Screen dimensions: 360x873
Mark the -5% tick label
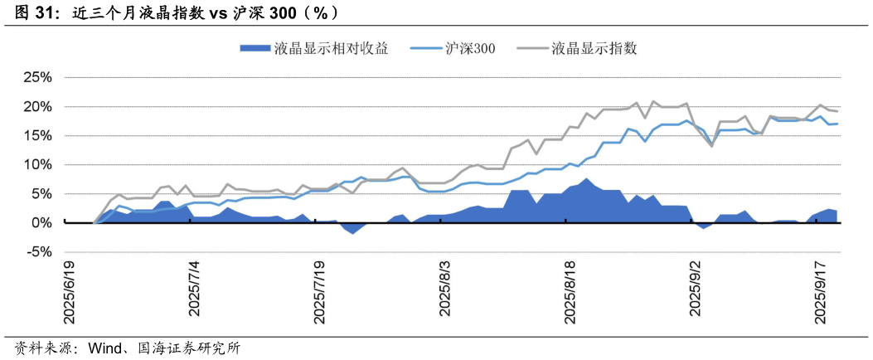coord(38,252)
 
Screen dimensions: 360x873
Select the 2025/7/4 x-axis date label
coord(195,289)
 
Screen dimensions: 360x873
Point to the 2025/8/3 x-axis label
coord(445,289)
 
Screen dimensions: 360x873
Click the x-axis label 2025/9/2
coord(696,289)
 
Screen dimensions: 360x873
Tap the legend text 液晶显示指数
coord(594,48)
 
